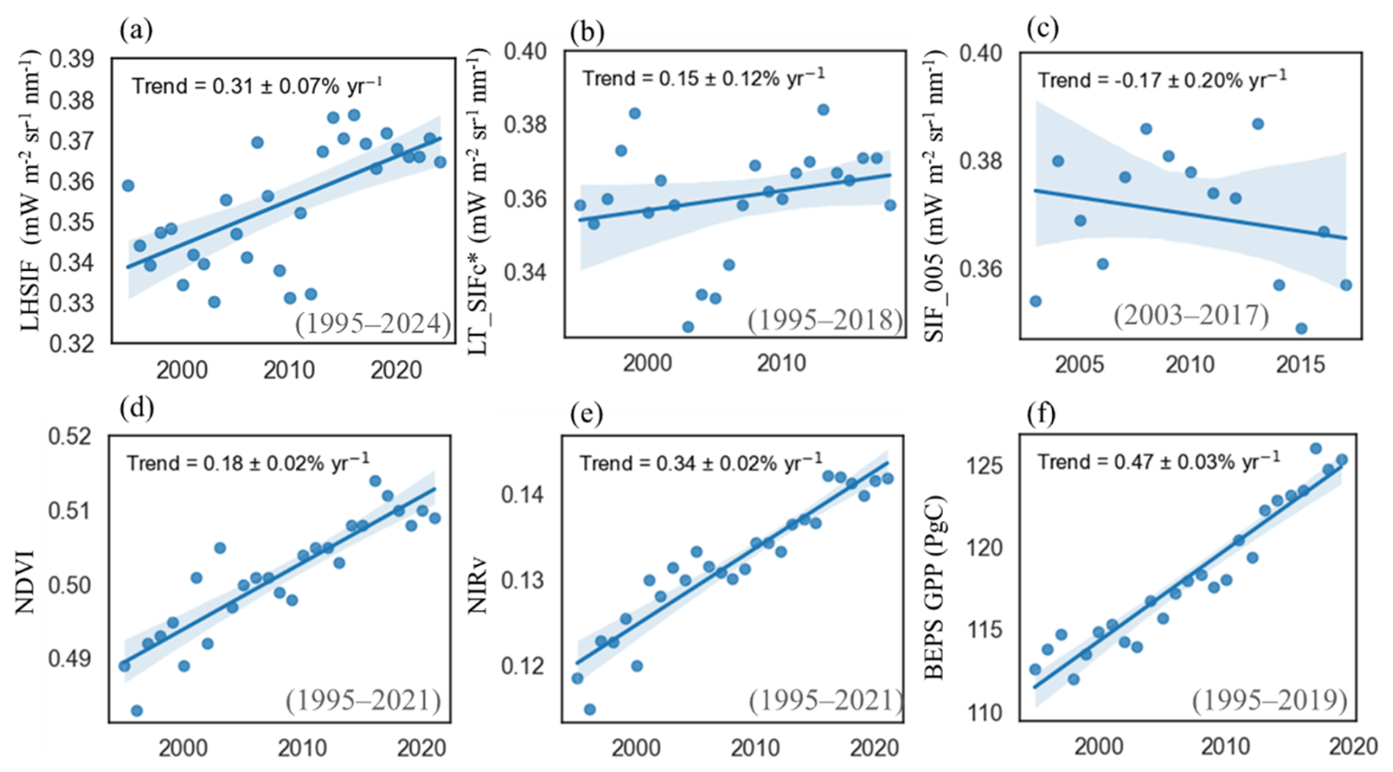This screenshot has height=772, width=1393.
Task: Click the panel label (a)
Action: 135,31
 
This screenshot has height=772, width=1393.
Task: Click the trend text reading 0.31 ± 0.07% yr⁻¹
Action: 257,86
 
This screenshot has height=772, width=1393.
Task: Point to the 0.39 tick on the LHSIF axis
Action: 72,60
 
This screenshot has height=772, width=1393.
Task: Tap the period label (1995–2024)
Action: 373,324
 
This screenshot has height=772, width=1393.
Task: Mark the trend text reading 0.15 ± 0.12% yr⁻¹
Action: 703,78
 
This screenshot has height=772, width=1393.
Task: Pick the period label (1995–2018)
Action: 825,319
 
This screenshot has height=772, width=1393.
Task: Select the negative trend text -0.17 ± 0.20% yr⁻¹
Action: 1162,79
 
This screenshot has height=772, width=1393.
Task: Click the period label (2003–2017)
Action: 1191,315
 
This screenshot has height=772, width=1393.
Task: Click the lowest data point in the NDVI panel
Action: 136,710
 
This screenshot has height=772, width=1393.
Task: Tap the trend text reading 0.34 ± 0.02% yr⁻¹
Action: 700,464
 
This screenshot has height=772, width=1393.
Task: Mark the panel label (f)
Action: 1040,415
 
